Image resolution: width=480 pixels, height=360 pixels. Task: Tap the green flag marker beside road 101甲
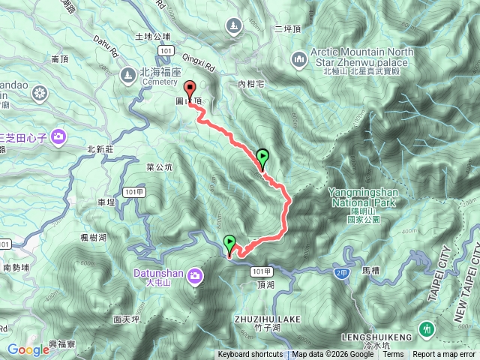[x=229, y=242]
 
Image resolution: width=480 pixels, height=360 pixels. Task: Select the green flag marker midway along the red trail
[x=262, y=157]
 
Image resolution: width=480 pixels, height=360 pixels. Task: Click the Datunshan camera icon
[x=196, y=276]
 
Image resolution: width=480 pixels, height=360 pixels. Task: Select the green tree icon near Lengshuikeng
[x=426, y=328]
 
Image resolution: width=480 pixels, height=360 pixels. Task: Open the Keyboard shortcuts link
[x=250, y=355]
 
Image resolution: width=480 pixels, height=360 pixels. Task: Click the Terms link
[x=393, y=355]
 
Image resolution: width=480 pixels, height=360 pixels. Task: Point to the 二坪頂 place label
[x=288, y=31]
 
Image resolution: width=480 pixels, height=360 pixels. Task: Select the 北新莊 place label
[x=100, y=149]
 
